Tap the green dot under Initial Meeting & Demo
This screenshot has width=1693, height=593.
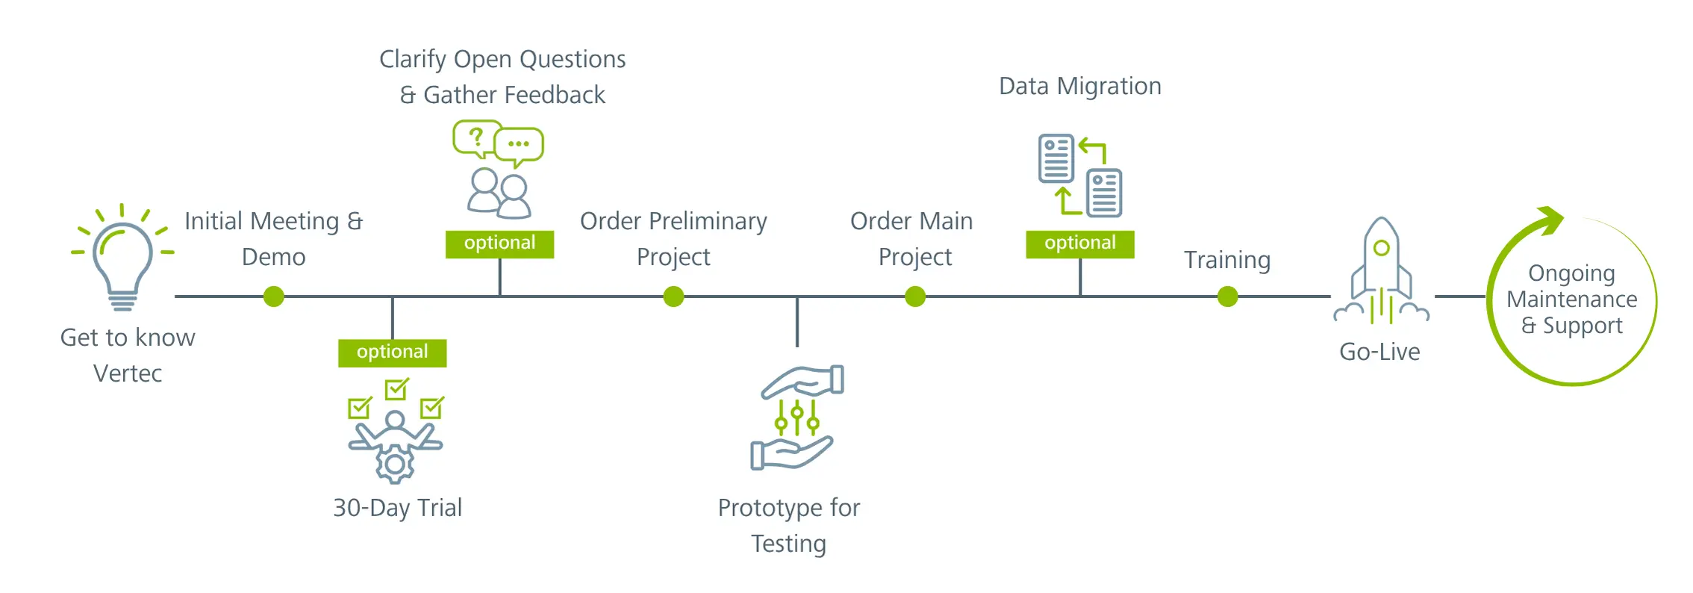tap(274, 296)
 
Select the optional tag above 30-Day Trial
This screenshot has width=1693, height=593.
tap(392, 353)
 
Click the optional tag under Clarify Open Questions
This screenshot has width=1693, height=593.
tap(499, 243)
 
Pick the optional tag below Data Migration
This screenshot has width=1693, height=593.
tap(1079, 243)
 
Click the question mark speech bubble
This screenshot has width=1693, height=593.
tap(476, 138)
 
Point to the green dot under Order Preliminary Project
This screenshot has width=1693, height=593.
tap(673, 296)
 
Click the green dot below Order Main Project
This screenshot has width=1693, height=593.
tap(915, 296)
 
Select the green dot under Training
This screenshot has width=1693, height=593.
tap(1227, 296)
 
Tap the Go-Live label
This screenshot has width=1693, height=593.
tap(1379, 352)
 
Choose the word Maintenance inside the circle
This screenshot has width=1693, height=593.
tap(1571, 299)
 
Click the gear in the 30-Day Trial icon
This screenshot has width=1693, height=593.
tap(395, 465)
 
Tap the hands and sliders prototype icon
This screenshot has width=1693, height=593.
tap(796, 418)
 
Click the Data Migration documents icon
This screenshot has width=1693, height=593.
tap(1079, 176)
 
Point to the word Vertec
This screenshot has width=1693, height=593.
tap(128, 373)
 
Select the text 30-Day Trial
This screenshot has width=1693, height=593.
tap(397, 508)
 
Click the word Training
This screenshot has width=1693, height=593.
tap(1226, 260)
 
